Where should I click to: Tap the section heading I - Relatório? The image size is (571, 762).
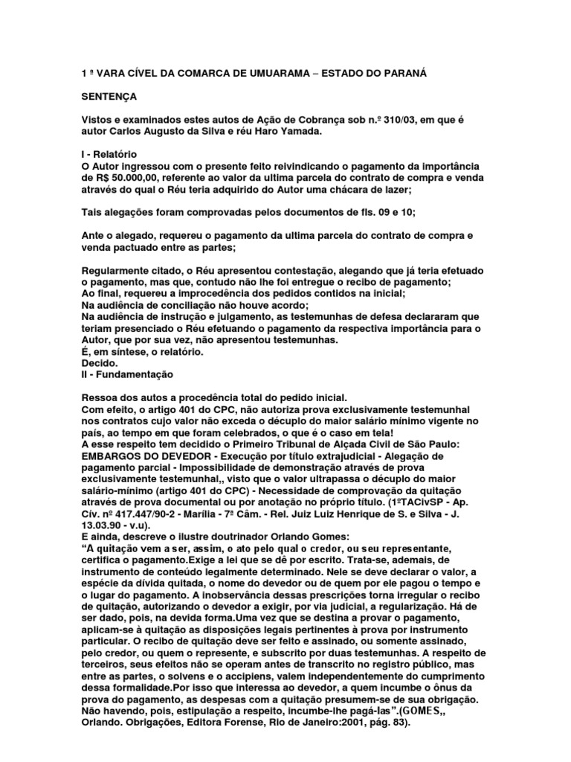[109, 153]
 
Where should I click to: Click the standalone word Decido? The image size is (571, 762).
[99, 363]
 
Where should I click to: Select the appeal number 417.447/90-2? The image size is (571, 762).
[155, 515]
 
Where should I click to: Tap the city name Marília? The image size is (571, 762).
[223, 515]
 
